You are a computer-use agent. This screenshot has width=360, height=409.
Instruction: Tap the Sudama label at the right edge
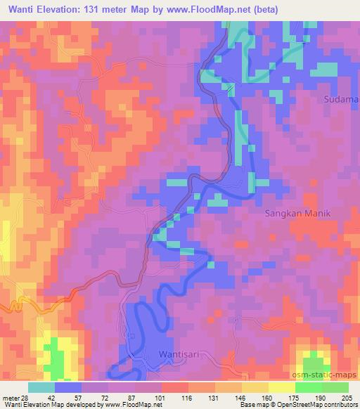341,99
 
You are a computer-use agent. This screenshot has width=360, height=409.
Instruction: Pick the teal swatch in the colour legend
41,388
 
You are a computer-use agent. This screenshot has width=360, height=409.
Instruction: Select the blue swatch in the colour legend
68,388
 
